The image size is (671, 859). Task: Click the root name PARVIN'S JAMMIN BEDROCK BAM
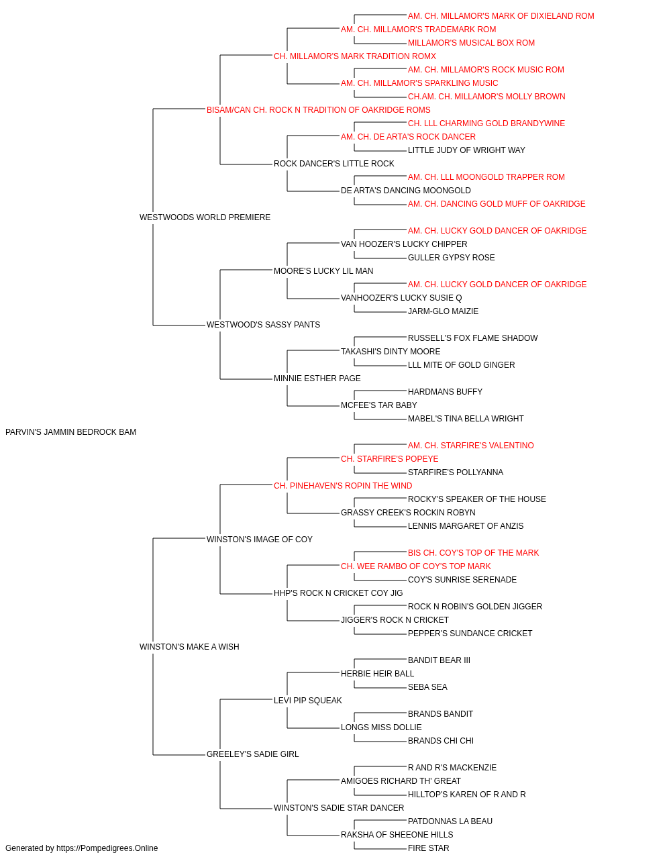point(70,432)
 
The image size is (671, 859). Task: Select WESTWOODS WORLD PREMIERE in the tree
point(205,217)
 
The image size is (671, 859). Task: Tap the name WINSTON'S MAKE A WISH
point(189,647)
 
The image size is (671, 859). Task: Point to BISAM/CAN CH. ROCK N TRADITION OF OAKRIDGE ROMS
point(319,110)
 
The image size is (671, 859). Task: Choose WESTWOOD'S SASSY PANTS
point(263,325)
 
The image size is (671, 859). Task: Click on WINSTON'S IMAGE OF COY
point(259,539)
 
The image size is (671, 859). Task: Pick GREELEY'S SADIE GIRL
point(252,754)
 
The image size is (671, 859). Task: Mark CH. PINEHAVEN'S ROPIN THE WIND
point(343,486)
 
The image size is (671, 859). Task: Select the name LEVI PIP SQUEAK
point(308,701)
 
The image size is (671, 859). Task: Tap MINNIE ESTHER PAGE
point(317,378)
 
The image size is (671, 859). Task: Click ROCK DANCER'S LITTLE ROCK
point(334,164)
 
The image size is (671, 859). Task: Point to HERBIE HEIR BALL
point(377,674)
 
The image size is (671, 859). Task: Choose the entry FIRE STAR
point(428,848)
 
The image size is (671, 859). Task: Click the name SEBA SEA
point(427,687)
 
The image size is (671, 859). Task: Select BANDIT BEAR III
point(439,660)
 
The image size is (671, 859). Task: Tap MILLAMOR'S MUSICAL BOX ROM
point(471,43)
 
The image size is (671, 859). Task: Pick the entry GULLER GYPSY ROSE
point(452,258)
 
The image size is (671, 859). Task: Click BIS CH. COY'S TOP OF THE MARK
point(474,553)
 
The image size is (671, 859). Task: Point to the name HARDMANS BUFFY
point(445,392)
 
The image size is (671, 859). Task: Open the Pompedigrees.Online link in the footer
point(107,848)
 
